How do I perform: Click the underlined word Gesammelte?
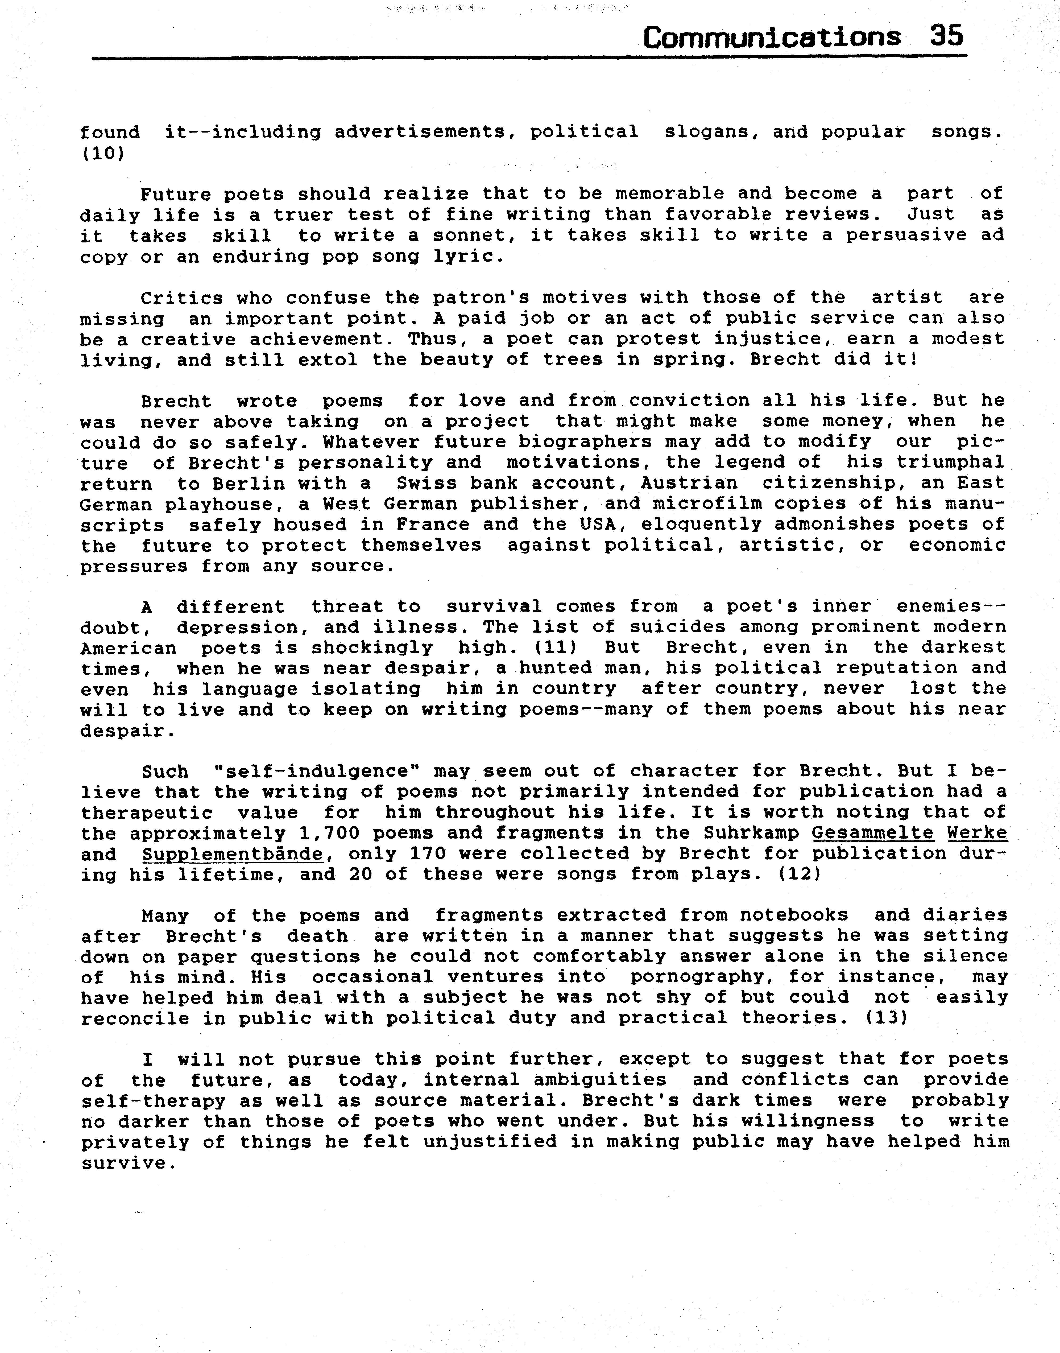coord(872,833)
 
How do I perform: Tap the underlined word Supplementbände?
coord(232,854)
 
